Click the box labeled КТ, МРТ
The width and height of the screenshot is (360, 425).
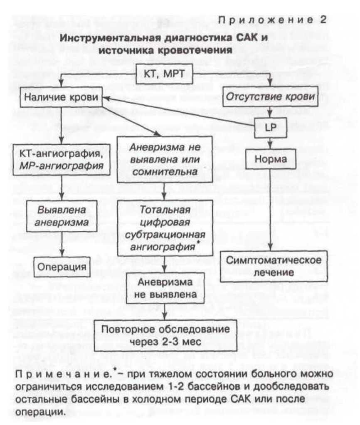click(164, 74)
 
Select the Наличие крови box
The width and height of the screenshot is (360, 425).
click(61, 97)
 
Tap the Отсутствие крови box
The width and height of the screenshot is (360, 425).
click(270, 96)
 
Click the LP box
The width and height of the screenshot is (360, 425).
click(270, 128)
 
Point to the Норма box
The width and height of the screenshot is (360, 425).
click(270, 159)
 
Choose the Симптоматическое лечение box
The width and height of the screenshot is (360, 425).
click(274, 266)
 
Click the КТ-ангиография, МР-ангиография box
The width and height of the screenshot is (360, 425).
click(62, 160)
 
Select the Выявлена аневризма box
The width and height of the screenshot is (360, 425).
click(62, 216)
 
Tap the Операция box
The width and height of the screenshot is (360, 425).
click(62, 267)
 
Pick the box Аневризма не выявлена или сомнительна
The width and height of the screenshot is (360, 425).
click(165, 159)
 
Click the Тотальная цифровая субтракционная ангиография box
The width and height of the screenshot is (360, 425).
click(165, 228)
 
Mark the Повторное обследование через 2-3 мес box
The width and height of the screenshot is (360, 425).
click(165, 336)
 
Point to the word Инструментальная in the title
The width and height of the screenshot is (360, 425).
click(110, 38)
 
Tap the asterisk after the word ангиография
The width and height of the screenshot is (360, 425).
click(198, 243)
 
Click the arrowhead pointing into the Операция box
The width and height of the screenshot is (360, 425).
click(62, 254)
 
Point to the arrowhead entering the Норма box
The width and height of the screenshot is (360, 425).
click(270, 146)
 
